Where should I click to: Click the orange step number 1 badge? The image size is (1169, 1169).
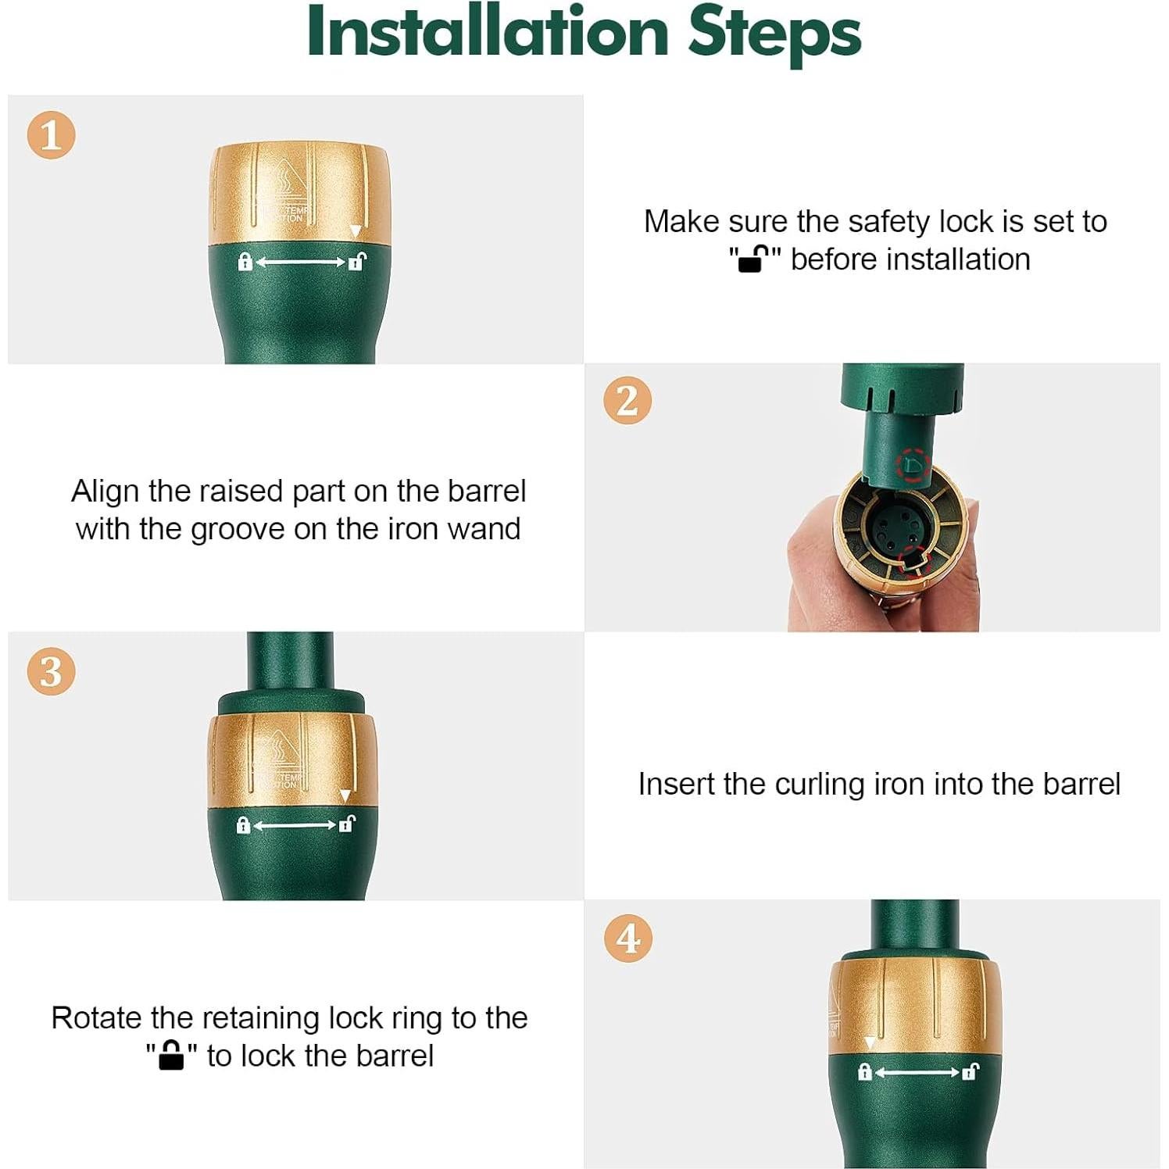click(x=51, y=135)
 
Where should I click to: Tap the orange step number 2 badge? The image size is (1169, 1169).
click(x=627, y=401)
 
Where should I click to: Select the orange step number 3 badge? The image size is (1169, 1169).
click(x=51, y=671)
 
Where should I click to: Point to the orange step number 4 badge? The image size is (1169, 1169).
click(x=628, y=938)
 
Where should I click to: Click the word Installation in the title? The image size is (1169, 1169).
click(x=488, y=33)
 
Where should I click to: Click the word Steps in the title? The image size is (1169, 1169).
click(x=774, y=36)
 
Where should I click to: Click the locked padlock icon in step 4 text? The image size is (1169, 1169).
click(x=171, y=1055)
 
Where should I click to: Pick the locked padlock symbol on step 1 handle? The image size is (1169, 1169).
click(x=245, y=262)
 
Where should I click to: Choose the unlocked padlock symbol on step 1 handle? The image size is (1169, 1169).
click(x=357, y=262)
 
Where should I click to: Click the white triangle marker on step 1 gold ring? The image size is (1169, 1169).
click(x=356, y=232)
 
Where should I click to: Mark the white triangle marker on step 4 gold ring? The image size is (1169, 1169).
click(x=870, y=1043)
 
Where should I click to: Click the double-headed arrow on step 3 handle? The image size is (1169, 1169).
click(x=294, y=825)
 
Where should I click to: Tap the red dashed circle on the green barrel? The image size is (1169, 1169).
click(x=913, y=467)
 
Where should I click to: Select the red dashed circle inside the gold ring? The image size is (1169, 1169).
click(x=911, y=559)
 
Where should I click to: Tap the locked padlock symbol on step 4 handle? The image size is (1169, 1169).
click(x=864, y=1071)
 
